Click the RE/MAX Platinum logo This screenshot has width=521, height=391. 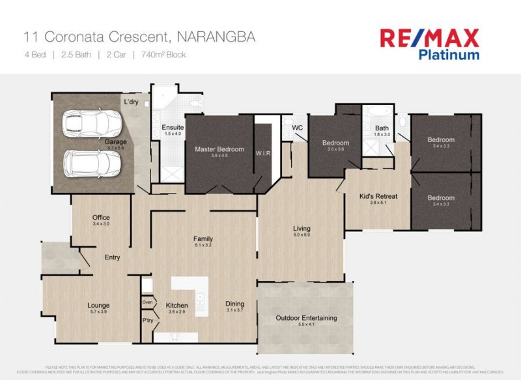[x=430, y=44]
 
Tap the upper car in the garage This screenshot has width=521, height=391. [x=92, y=123]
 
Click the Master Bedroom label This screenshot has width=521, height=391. [x=219, y=149]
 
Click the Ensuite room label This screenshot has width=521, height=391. [x=173, y=126]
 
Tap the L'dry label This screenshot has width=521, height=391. [x=132, y=103]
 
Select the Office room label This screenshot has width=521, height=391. [x=101, y=218]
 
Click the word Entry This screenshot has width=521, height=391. [x=112, y=257]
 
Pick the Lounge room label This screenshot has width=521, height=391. [x=98, y=305]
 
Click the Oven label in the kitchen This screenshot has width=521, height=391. [x=147, y=302]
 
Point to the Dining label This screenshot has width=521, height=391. [x=234, y=304]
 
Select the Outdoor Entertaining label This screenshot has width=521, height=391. [x=306, y=318]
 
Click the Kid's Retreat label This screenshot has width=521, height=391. [x=378, y=196]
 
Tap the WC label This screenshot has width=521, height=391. [x=298, y=128]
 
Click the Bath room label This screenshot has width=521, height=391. [x=382, y=128]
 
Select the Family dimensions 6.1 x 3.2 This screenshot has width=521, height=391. [x=203, y=246]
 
